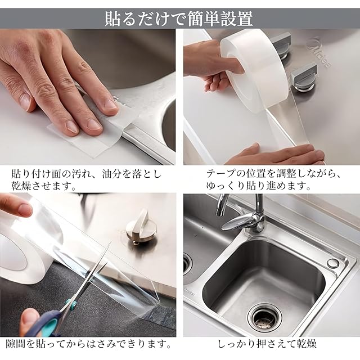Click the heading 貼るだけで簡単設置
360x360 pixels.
[179, 19]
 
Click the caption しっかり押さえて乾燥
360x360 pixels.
[267, 344]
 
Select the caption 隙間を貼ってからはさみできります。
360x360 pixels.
[89, 344]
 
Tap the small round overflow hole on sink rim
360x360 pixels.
[332, 263]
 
